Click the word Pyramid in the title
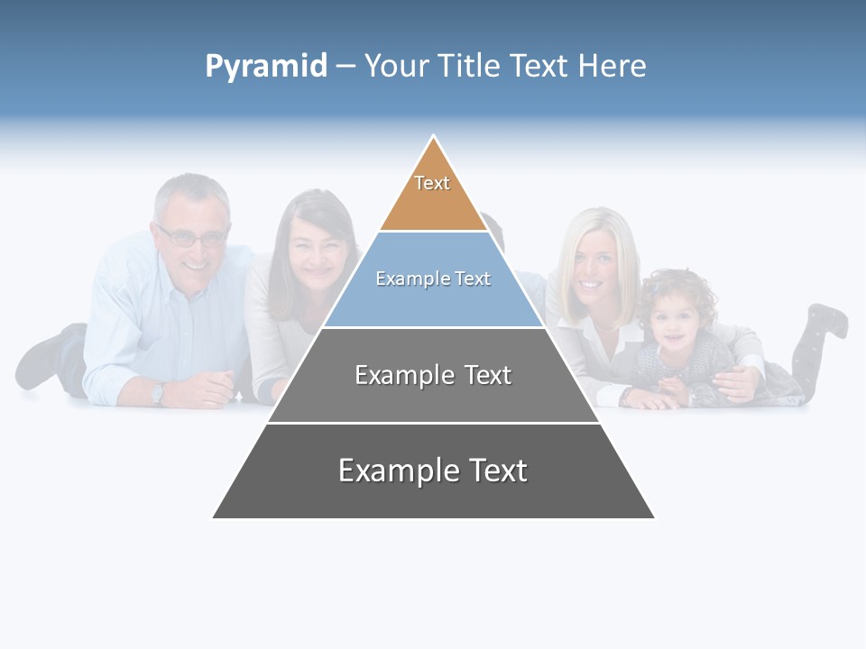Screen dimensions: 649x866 (265, 67)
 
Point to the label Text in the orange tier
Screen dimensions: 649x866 (432, 183)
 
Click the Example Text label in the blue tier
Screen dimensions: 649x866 (433, 279)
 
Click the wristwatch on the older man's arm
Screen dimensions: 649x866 (159, 392)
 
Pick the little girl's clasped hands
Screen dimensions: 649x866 (671, 389)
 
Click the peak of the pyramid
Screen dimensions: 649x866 (434, 138)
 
